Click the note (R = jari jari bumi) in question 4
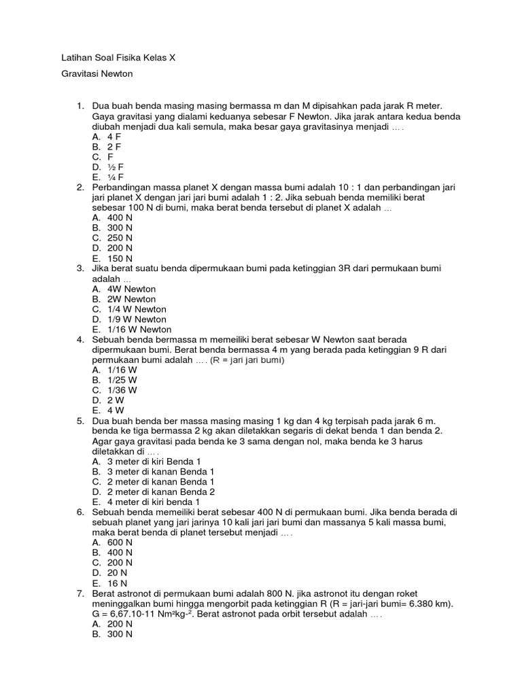click(x=247, y=360)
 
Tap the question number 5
click(x=80, y=421)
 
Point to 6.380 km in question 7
click(x=430, y=604)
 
